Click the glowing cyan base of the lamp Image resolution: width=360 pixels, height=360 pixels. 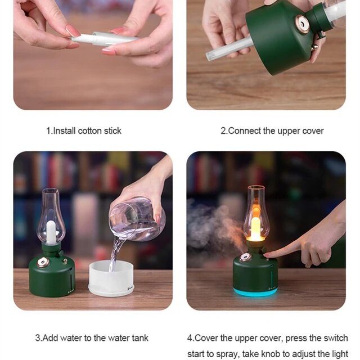[x=255, y=292]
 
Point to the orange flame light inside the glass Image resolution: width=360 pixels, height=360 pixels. [x=255, y=225]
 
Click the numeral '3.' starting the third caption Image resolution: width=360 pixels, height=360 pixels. [x=39, y=338]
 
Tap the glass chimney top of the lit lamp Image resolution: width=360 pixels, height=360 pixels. [x=255, y=194]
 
